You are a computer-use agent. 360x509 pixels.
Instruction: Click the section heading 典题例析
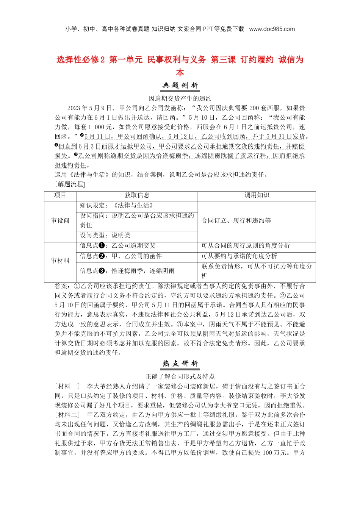pos(180,86)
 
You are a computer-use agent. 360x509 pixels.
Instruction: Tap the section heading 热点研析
pos(180,364)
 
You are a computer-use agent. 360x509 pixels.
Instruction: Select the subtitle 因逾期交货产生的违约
pos(180,98)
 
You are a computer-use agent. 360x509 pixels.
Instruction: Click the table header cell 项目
pos(60,195)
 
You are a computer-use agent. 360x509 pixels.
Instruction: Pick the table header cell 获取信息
pos(137,195)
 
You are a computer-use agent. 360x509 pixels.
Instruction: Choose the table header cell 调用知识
pos(257,195)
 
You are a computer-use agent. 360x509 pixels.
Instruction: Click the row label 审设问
pos(60,221)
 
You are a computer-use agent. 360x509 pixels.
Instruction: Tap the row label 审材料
pos(60,261)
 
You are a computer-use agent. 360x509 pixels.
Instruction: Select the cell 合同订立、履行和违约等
pos(236,221)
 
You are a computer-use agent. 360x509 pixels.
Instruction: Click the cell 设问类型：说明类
pos(105,235)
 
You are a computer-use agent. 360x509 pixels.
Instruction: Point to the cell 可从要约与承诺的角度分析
pos(239,256)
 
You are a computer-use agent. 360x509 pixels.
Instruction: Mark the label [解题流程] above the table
pos(70,184)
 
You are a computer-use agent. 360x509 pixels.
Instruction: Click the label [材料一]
pos(67,386)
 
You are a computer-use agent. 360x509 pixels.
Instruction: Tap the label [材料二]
pos(67,415)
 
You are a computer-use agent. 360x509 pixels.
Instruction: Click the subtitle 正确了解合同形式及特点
pos(180,376)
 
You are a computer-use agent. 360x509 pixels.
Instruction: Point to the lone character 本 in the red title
pos(180,72)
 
